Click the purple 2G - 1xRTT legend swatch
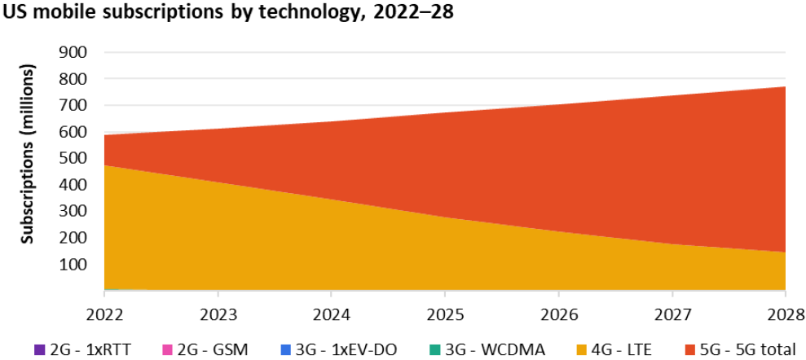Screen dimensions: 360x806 point(40,350)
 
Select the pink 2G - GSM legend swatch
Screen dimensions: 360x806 point(167,350)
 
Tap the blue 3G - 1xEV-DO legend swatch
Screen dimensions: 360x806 point(284,350)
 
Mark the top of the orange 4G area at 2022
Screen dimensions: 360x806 point(104,166)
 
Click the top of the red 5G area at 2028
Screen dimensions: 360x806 point(785,87)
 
